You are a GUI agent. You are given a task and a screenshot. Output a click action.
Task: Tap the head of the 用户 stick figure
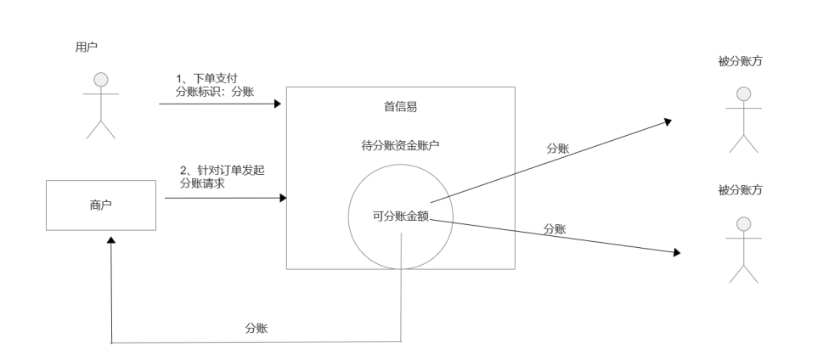(101, 80)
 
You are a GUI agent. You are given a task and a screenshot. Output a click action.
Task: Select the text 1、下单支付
(201, 78)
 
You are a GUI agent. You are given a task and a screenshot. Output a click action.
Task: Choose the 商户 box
(100, 205)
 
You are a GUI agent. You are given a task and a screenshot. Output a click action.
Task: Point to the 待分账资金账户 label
(400, 145)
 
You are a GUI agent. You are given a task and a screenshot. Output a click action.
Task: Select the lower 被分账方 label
(740, 190)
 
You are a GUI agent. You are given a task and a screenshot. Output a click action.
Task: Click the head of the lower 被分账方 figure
(743, 223)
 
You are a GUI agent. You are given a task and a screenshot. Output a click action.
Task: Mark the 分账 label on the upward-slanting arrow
(558, 148)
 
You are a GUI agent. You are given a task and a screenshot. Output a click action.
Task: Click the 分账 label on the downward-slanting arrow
(555, 228)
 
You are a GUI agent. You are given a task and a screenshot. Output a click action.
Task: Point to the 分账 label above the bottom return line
(256, 328)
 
